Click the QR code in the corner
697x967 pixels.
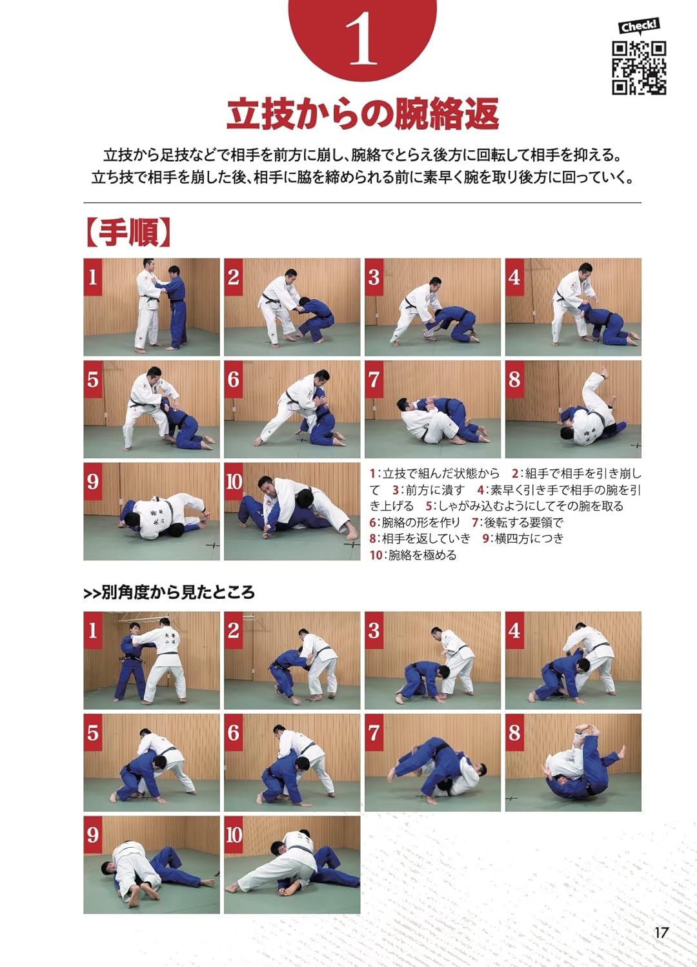click(x=639, y=68)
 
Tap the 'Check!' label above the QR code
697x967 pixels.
click(x=639, y=26)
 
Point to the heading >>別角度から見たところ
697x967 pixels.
click(x=169, y=592)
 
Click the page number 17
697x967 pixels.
click(x=661, y=932)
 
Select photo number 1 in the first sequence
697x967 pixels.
click(x=152, y=307)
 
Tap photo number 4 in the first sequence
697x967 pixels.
click(x=573, y=307)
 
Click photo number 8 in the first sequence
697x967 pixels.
click(x=573, y=409)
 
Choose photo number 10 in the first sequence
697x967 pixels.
click(x=292, y=511)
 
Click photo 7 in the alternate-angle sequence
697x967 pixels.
click(x=432, y=762)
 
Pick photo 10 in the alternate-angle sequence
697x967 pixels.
click(x=292, y=864)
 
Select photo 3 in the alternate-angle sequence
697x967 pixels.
click(x=432, y=660)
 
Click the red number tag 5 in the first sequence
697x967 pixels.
click(x=93, y=379)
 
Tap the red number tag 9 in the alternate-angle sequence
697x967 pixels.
click(x=93, y=835)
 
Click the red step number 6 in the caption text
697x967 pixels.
click(x=373, y=522)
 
